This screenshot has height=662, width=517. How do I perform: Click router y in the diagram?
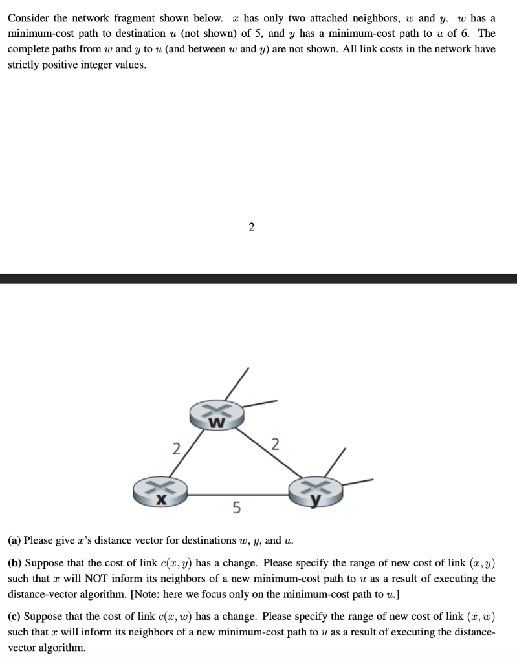coord(316,492)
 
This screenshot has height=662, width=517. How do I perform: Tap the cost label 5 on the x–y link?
coord(236,509)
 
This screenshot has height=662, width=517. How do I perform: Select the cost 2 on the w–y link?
coord(276,444)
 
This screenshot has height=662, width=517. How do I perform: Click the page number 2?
coord(252,226)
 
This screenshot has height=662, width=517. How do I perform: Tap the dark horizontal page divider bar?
coord(259,279)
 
